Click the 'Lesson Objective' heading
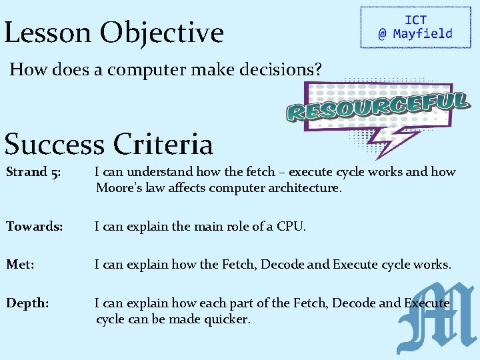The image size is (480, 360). tap(114, 32)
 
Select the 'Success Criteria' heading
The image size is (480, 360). tap(109, 143)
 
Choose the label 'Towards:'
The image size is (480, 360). tap(35, 227)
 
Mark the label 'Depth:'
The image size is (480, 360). tap(27, 303)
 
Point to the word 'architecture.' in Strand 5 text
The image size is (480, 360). tap(302, 188)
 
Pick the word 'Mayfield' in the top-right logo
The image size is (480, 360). tap(422, 34)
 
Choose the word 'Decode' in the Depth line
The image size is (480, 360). tap(353, 303)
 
